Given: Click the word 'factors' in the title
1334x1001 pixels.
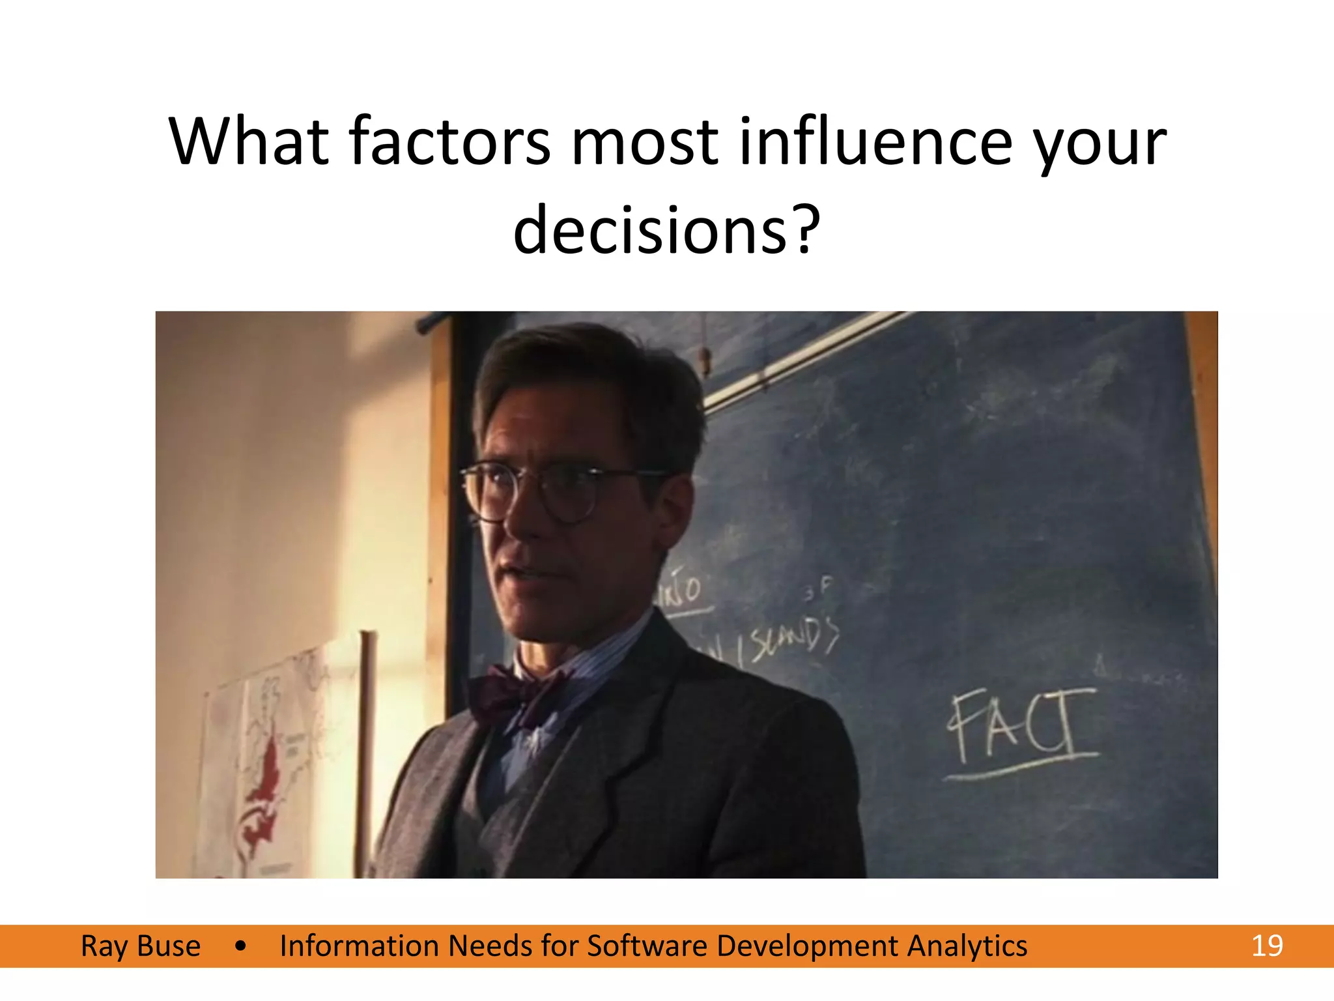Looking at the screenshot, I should [450, 141].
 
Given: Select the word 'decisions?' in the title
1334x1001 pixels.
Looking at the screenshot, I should [666, 230].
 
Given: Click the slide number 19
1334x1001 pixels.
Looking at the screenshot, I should [1267, 946].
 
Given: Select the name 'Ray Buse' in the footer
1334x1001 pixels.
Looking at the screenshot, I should [141, 946].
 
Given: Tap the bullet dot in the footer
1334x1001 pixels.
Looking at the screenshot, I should [241, 946].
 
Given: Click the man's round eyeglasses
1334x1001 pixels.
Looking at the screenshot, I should [541, 492].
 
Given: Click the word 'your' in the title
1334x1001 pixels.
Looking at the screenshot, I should [1100, 141].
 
